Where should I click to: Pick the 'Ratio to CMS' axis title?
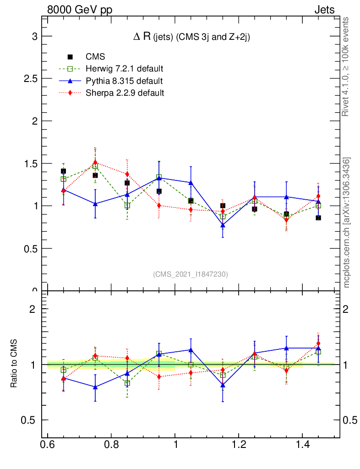coord(14,365)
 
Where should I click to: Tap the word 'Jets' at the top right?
coord(324,10)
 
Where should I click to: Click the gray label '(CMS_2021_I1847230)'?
coord(191,274)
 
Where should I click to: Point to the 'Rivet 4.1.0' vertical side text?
coord(346,66)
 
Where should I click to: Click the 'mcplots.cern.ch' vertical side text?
coord(347,223)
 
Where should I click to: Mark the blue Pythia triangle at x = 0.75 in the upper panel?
coord(95,204)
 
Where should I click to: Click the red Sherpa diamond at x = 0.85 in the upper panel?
coord(127,175)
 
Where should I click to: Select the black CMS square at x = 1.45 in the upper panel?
coord(318,218)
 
